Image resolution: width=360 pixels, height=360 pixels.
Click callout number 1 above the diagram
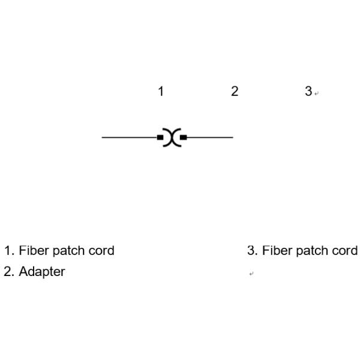(x=161, y=91)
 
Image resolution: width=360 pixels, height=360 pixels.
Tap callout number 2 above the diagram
(x=235, y=91)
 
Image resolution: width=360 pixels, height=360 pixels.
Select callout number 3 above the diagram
(x=308, y=91)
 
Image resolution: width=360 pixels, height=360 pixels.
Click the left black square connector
(x=160, y=137)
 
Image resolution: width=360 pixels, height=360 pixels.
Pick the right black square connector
(x=184, y=137)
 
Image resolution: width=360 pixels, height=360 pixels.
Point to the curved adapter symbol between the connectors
(x=172, y=137)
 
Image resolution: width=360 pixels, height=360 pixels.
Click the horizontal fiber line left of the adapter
(x=129, y=137)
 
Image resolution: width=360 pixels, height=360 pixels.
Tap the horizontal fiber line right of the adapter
(x=210, y=137)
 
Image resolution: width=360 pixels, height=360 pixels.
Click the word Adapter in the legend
(x=42, y=272)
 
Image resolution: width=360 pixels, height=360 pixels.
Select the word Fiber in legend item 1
(x=32, y=251)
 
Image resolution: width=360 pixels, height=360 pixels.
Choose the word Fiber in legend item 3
(x=275, y=251)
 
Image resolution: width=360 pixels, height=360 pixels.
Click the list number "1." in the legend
(x=8, y=251)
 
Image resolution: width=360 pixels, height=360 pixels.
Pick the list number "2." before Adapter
(x=8, y=272)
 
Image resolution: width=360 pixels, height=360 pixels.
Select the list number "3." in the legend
(x=252, y=251)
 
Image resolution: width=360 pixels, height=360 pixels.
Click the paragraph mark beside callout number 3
(x=317, y=94)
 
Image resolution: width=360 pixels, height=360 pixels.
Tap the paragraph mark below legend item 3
(x=251, y=274)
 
